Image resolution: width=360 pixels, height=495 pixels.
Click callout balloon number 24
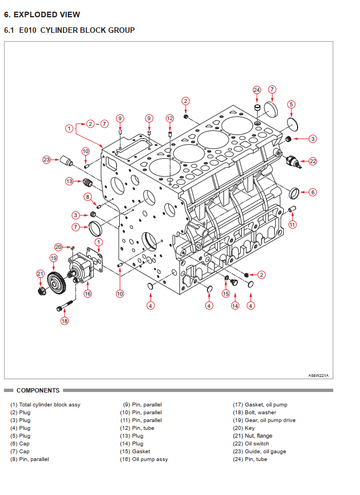[x=256, y=90]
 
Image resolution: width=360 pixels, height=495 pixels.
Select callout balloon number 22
[x=313, y=161]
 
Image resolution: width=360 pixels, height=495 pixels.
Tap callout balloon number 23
[x=46, y=160]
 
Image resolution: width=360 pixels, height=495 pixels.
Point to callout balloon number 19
[x=53, y=258]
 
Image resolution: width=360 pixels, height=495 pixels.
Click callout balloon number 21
[x=40, y=273]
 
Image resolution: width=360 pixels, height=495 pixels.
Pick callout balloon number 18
[x=64, y=321]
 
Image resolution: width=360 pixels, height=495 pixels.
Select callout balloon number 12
[x=170, y=118]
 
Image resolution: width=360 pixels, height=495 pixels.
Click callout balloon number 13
[x=69, y=181]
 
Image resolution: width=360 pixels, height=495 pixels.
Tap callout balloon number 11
[x=293, y=224]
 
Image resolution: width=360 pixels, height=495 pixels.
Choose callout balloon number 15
[x=226, y=293]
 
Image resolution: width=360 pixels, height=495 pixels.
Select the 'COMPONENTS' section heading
[x=38, y=390]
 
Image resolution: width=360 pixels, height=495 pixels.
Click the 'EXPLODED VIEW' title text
[x=47, y=14]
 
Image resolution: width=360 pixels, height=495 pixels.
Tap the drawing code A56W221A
[x=318, y=375]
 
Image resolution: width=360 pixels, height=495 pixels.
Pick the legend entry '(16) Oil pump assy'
[x=144, y=459]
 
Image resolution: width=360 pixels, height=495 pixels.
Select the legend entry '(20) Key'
[x=244, y=428]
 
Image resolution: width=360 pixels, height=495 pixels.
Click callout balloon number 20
[x=58, y=247]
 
